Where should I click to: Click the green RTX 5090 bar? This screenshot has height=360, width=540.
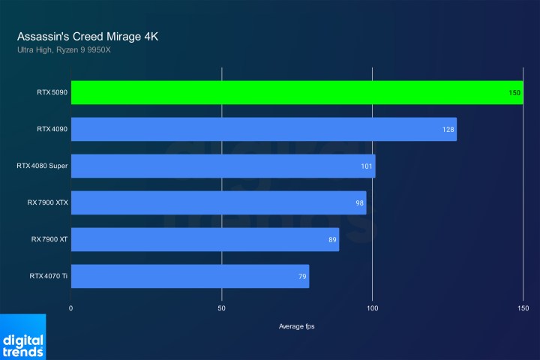(x=297, y=92)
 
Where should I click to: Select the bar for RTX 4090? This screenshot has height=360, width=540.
(x=264, y=129)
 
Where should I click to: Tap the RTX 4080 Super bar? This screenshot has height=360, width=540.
(x=223, y=166)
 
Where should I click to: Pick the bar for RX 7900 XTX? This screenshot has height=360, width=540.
(x=219, y=202)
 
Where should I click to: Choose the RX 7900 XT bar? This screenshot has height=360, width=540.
(x=205, y=239)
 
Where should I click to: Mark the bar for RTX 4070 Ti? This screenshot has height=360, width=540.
(x=190, y=276)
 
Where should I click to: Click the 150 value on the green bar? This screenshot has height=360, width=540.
(x=514, y=93)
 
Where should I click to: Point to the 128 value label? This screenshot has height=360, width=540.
(x=448, y=130)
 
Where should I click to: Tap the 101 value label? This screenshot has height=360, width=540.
(x=367, y=166)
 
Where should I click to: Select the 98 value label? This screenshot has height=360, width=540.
(x=359, y=203)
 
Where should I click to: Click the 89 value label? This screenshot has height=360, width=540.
(x=331, y=240)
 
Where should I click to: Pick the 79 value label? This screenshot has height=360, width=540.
(x=301, y=277)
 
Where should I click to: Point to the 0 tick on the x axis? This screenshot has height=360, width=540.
(x=71, y=308)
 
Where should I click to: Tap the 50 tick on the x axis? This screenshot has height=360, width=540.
(x=222, y=308)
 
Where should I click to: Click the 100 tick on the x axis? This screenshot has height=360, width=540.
(x=373, y=308)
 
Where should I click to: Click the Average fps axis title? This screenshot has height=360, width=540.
(x=298, y=325)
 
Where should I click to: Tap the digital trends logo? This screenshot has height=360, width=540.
(x=22, y=339)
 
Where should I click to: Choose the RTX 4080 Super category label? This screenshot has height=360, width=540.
(x=42, y=166)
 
